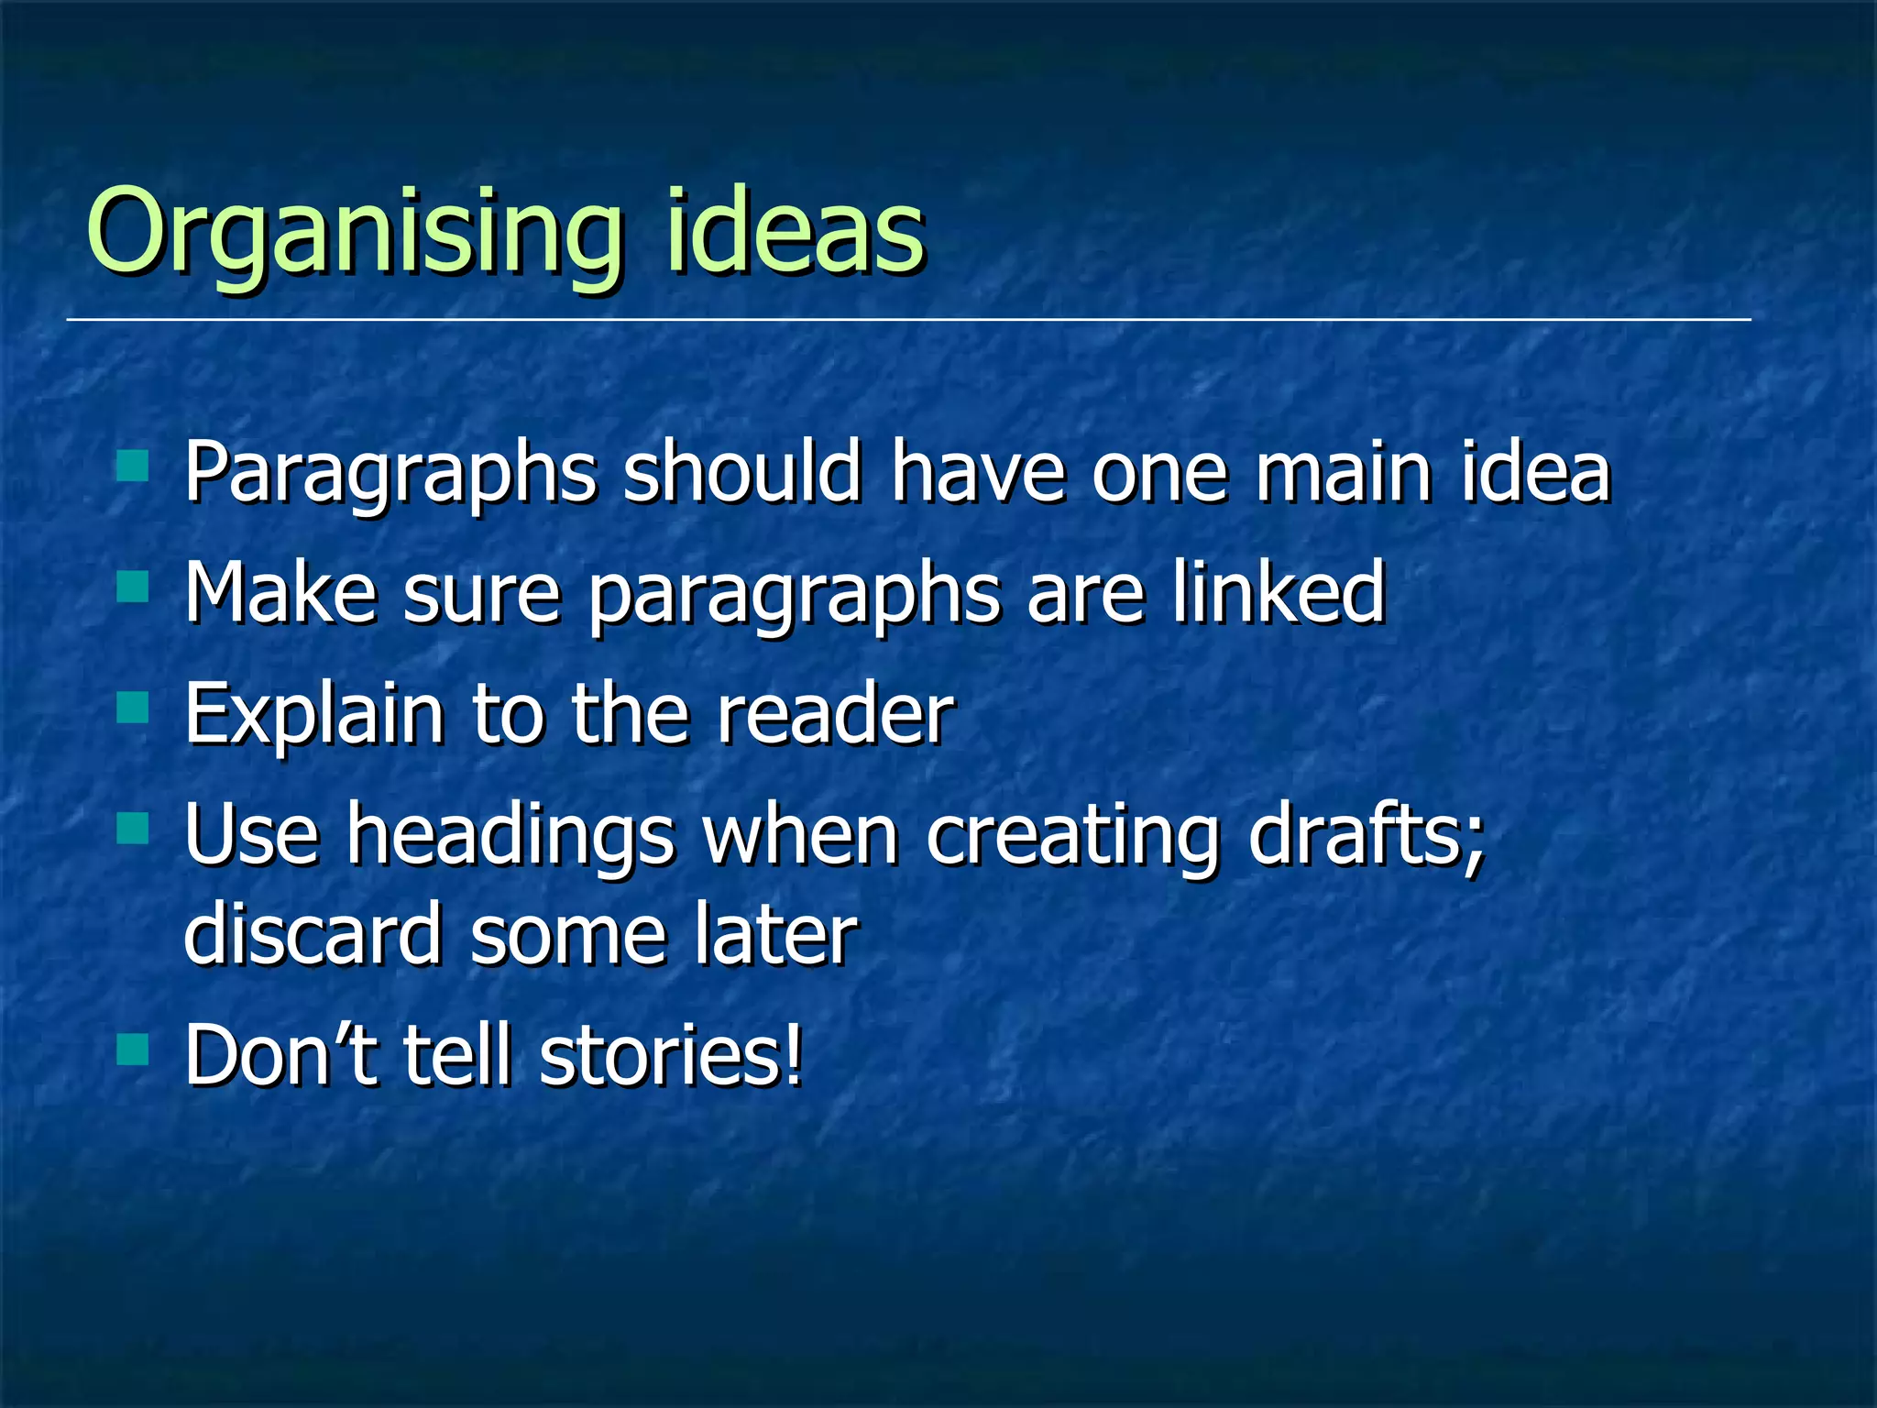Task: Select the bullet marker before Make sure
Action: coord(133,587)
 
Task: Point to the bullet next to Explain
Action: coord(133,708)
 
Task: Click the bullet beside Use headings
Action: coord(133,829)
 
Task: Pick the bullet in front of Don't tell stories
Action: coord(133,1049)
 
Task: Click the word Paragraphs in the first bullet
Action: coord(390,475)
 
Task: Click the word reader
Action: coord(835,714)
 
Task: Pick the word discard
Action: coord(313,934)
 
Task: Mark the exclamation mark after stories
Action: coord(794,1055)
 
